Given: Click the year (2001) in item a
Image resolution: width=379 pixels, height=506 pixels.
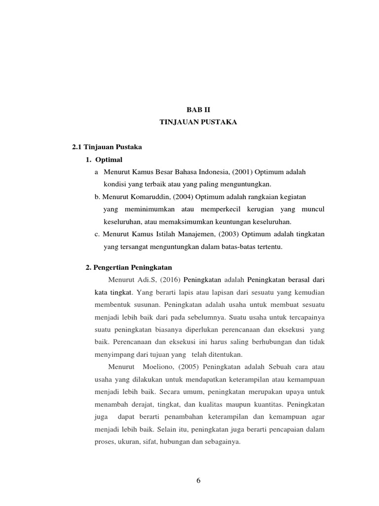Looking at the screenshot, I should click(237, 172).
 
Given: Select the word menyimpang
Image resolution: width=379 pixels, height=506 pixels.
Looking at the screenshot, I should click(113, 354).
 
